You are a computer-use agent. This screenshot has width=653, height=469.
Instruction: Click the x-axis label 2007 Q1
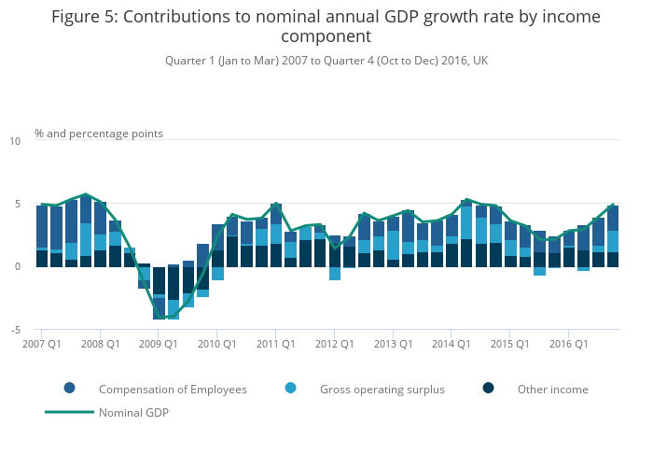tap(42, 344)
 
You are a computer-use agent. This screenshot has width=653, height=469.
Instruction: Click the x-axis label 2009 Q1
tap(159, 344)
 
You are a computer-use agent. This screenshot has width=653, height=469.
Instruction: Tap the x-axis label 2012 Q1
tap(333, 344)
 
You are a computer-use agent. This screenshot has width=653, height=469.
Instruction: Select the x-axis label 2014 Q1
tap(451, 344)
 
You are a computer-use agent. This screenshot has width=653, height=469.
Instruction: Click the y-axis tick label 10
tap(14, 141)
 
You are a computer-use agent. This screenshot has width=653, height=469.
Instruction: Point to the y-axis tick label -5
tap(14, 330)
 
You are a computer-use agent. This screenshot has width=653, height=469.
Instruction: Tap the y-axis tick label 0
tap(17, 267)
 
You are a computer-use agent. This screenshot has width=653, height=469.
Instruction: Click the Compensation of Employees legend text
tap(173, 389)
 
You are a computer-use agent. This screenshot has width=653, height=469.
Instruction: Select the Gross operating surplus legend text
tap(382, 389)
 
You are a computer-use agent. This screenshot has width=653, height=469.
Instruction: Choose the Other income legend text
tap(552, 389)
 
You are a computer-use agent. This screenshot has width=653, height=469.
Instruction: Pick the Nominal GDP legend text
tap(133, 412)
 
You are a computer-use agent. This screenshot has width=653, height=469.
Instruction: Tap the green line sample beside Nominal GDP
tap(70, 412)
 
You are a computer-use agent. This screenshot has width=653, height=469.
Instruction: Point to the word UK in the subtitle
tap(480, 61)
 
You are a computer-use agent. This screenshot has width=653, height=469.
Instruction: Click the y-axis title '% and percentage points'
tap(99, 134)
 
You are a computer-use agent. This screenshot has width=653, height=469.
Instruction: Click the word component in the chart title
tap(326, 37)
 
